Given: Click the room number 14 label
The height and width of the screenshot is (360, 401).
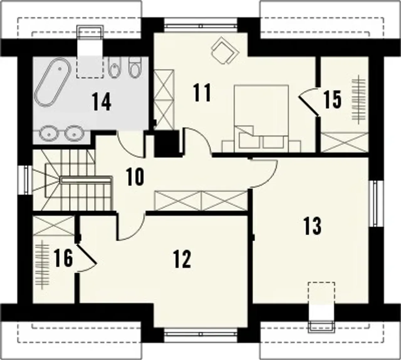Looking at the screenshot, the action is coord(102,102).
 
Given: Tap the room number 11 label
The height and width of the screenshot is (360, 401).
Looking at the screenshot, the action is coord(202,92).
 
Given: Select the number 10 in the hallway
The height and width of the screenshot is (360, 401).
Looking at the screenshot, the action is coord(135,176).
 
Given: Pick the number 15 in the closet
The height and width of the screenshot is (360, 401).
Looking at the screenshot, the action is coord(332,100).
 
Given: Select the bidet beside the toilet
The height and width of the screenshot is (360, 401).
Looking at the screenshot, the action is coord(114,67).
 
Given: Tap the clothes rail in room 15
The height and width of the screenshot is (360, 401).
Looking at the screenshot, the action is coord(359,99).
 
